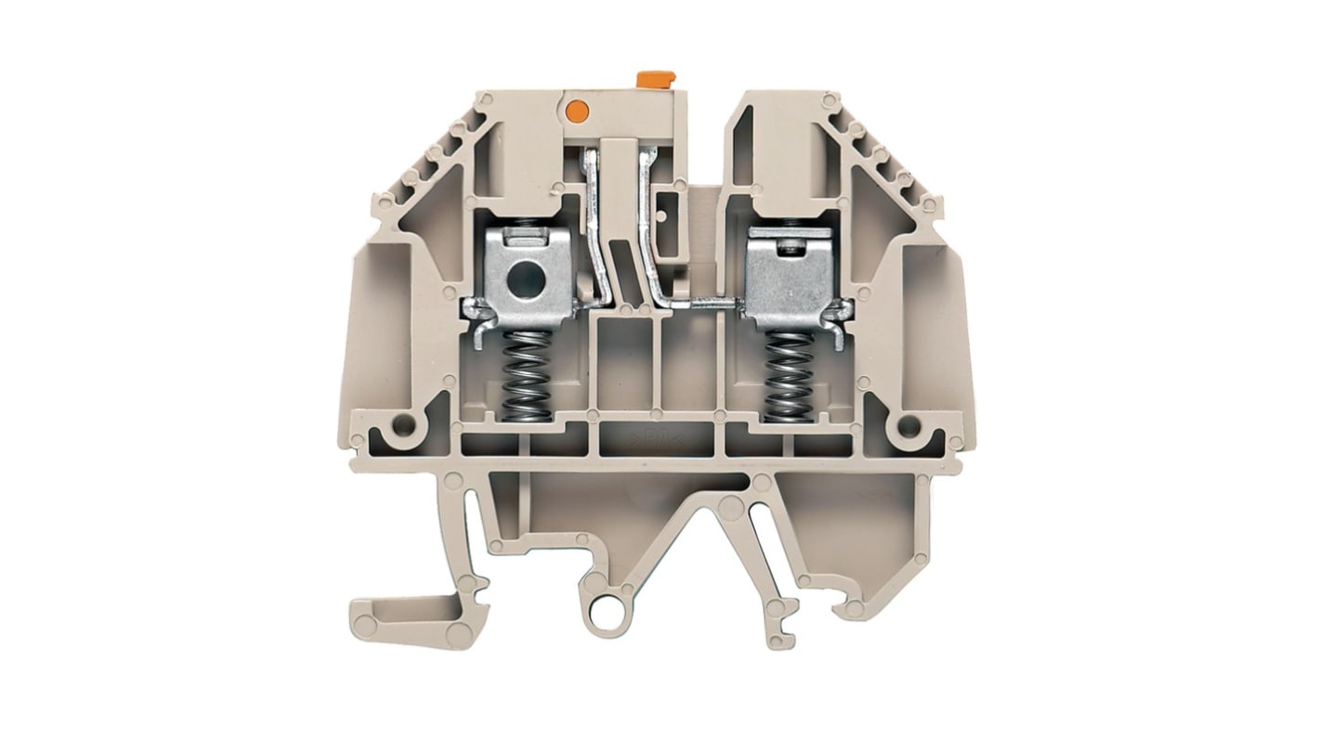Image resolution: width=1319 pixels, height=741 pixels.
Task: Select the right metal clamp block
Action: [x=789, y=279]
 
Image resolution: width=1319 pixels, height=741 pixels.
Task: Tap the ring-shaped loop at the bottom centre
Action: [x=614, y=616]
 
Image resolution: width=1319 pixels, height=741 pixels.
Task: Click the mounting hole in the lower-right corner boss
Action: [x=908, y=426]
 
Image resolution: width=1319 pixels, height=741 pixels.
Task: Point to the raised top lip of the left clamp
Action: [x=528, y=240]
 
